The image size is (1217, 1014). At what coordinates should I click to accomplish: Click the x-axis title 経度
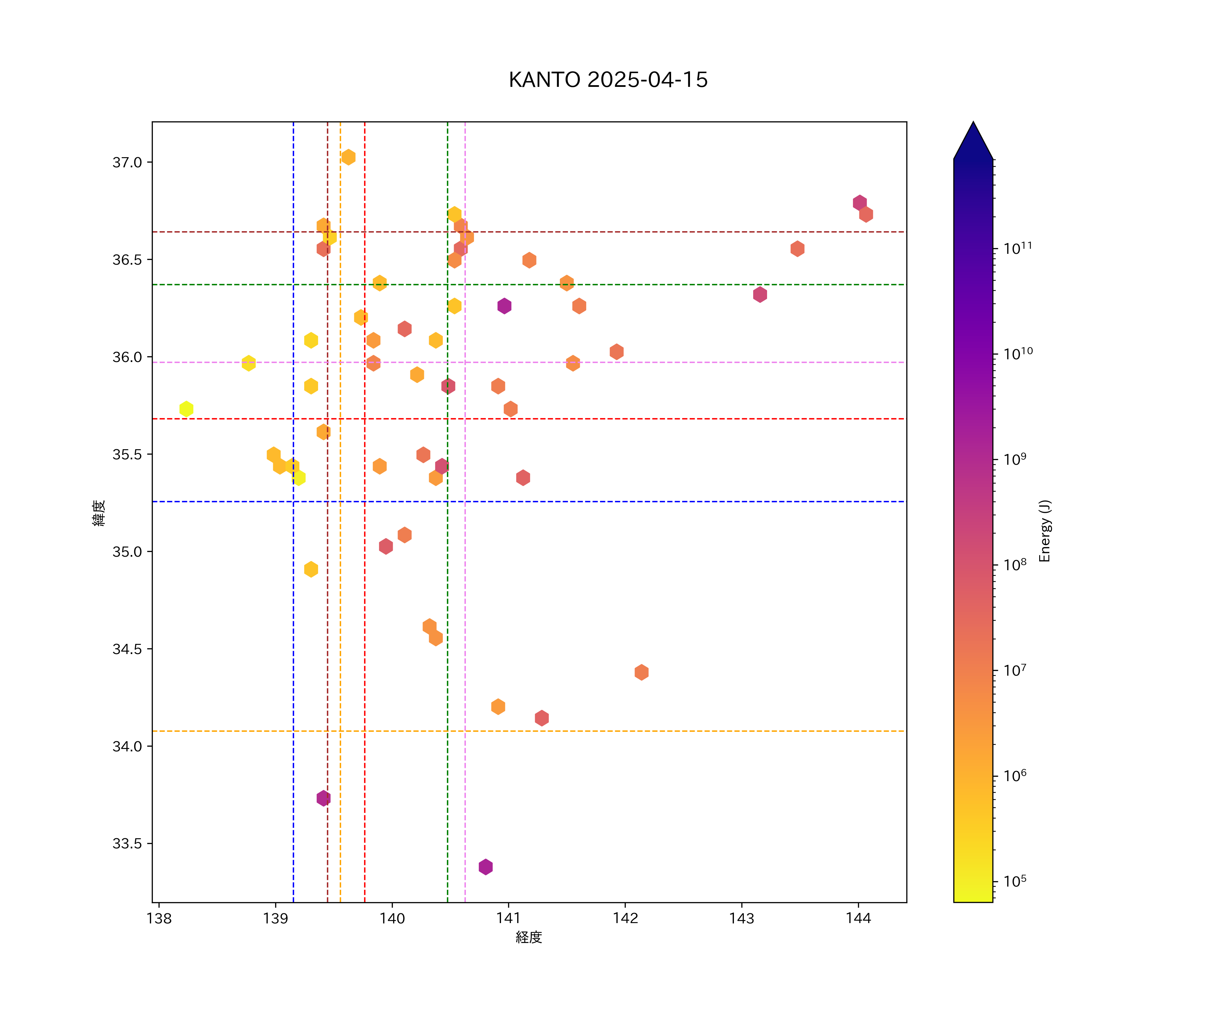point(528,937)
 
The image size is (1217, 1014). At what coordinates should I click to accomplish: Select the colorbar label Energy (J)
point(1045,531)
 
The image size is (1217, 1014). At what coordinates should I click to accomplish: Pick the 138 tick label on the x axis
point(159,918)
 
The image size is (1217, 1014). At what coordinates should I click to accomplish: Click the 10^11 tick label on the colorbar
point(1018,248)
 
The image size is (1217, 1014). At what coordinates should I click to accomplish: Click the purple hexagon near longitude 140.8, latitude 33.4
point(486,867)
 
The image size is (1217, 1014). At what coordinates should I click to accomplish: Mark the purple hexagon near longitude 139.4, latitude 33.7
point(324,798)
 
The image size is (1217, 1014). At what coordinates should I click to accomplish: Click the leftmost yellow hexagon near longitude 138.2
point(186,409)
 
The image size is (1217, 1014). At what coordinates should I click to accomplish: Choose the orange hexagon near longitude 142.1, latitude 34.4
point(641,672)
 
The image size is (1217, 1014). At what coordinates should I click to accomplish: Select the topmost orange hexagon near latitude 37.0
point(348,157)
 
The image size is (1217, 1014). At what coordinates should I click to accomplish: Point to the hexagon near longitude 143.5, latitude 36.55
point(797,248)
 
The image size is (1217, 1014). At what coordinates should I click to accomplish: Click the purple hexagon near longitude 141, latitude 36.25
point(504,306)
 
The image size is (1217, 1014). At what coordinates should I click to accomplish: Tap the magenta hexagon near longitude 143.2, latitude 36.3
point(760,294)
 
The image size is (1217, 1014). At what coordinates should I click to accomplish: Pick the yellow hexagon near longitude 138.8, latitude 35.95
point(248,363)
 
